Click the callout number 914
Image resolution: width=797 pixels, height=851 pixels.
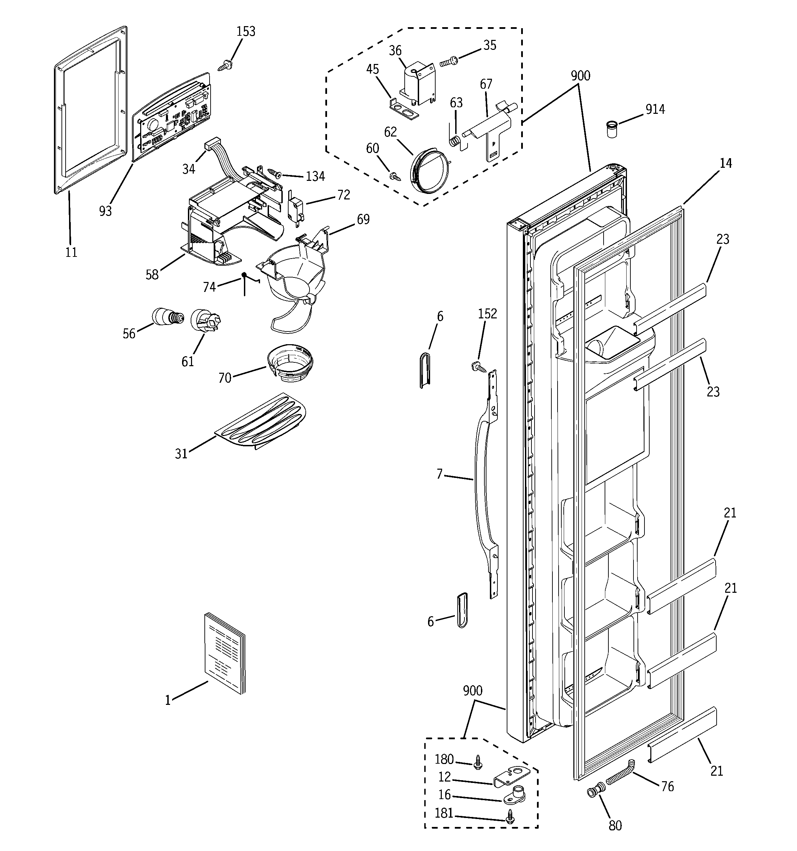coord(655,110)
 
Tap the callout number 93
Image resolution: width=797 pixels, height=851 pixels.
coord(105,211)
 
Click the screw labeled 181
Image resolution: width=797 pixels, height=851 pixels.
coord(509,818)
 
